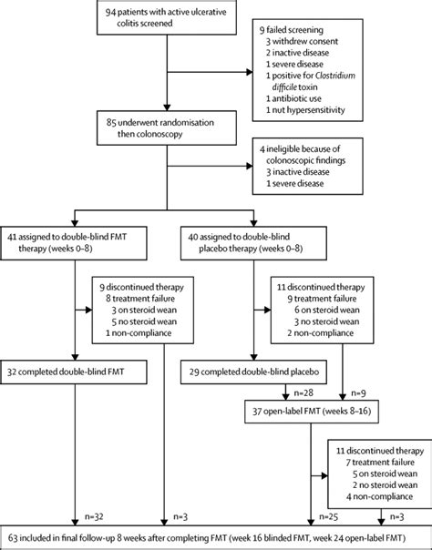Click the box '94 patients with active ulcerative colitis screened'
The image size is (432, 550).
[x=167, y=17]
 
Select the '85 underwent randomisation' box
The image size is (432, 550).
[x=167, y=128]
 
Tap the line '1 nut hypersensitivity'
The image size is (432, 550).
[x=305, y=110]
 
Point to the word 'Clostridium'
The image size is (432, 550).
[x=335, y=76]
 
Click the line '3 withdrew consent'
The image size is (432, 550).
[x=302, y=41]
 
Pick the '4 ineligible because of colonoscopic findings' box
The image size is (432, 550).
[x=308, y=167]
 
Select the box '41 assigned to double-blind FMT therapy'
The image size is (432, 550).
[x=74, y=243]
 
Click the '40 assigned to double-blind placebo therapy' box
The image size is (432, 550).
[x=253, y=243]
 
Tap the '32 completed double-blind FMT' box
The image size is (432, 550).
[x=74, y=372]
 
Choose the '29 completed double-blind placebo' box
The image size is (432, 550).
[x=253, y=372]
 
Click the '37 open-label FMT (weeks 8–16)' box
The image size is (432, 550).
[x=312, y=411]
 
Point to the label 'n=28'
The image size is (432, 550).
[x=303, y=392]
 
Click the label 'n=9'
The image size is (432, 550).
[x=358, y=392]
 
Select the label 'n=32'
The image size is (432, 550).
[x=94, y=516]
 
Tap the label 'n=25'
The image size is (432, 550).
[x=328, y=516]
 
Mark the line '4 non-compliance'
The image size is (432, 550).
[x=379, y=496]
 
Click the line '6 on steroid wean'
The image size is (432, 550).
[x=326, y=311]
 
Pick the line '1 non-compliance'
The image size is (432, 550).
[x=139, y=333]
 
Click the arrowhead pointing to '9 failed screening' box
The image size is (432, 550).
[x=250, y=72]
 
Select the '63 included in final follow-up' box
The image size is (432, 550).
[x=216, y=537]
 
